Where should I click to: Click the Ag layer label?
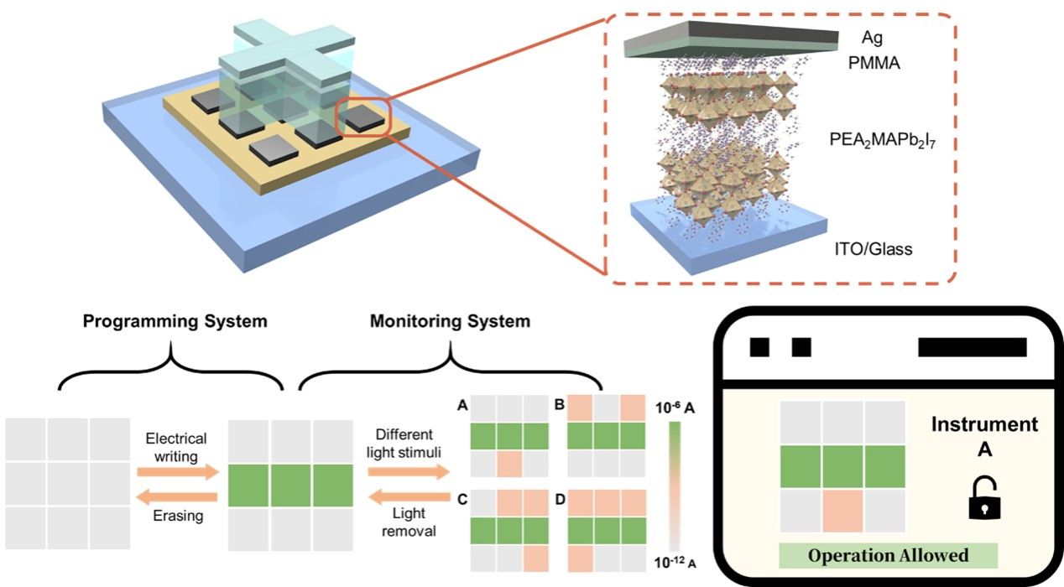(x=874, y=38)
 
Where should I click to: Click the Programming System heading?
(x=175, y=320)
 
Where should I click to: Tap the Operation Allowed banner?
(x=889, y=555)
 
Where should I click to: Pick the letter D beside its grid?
(x=561, y=501)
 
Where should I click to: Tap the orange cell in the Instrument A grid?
(x=842, y=510)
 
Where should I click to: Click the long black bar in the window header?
(x=972, y=347)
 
